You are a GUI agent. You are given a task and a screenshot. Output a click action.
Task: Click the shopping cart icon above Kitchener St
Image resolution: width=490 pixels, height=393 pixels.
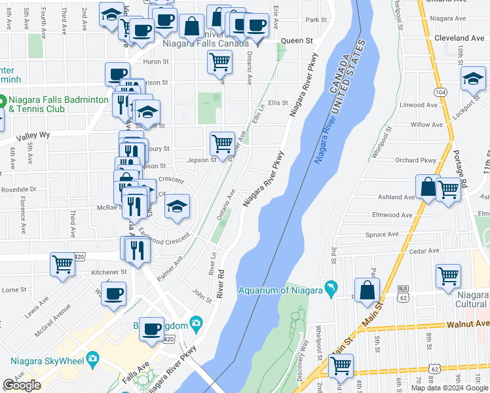click(x=62, y=265)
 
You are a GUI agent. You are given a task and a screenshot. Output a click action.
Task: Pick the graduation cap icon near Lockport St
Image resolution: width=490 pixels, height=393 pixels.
click(x=472, y=79)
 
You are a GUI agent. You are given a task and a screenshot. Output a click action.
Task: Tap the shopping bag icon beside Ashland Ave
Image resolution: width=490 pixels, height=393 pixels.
click(x=428, y=187)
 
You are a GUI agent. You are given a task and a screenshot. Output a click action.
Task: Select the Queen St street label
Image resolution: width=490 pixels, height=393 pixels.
click(x=297, y=41)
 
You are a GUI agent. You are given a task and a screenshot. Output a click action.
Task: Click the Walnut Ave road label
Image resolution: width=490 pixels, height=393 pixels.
click(x=468, y=324)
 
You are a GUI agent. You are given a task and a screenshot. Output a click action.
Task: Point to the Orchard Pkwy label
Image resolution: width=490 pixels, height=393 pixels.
click(x=415, y=160)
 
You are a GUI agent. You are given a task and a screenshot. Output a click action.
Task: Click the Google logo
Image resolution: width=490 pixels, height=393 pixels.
click(x=22, y=385)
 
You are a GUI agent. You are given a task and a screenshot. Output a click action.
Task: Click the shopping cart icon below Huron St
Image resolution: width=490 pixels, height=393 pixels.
click(x=219, y=62)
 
